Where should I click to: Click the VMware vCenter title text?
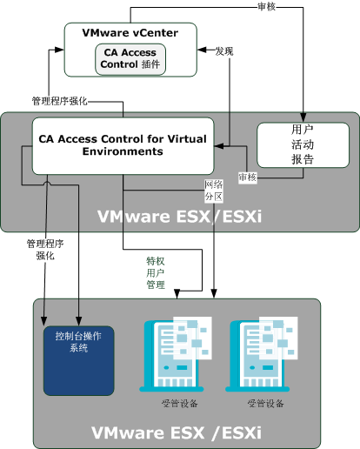130,33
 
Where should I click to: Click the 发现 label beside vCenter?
223,51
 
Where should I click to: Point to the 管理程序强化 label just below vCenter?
58,100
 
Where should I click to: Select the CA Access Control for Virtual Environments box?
123,145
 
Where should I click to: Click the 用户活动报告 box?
303,144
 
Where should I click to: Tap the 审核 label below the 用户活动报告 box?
247,177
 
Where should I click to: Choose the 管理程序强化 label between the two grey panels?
40,250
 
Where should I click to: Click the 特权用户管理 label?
155,272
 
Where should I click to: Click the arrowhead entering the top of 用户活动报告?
303,118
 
